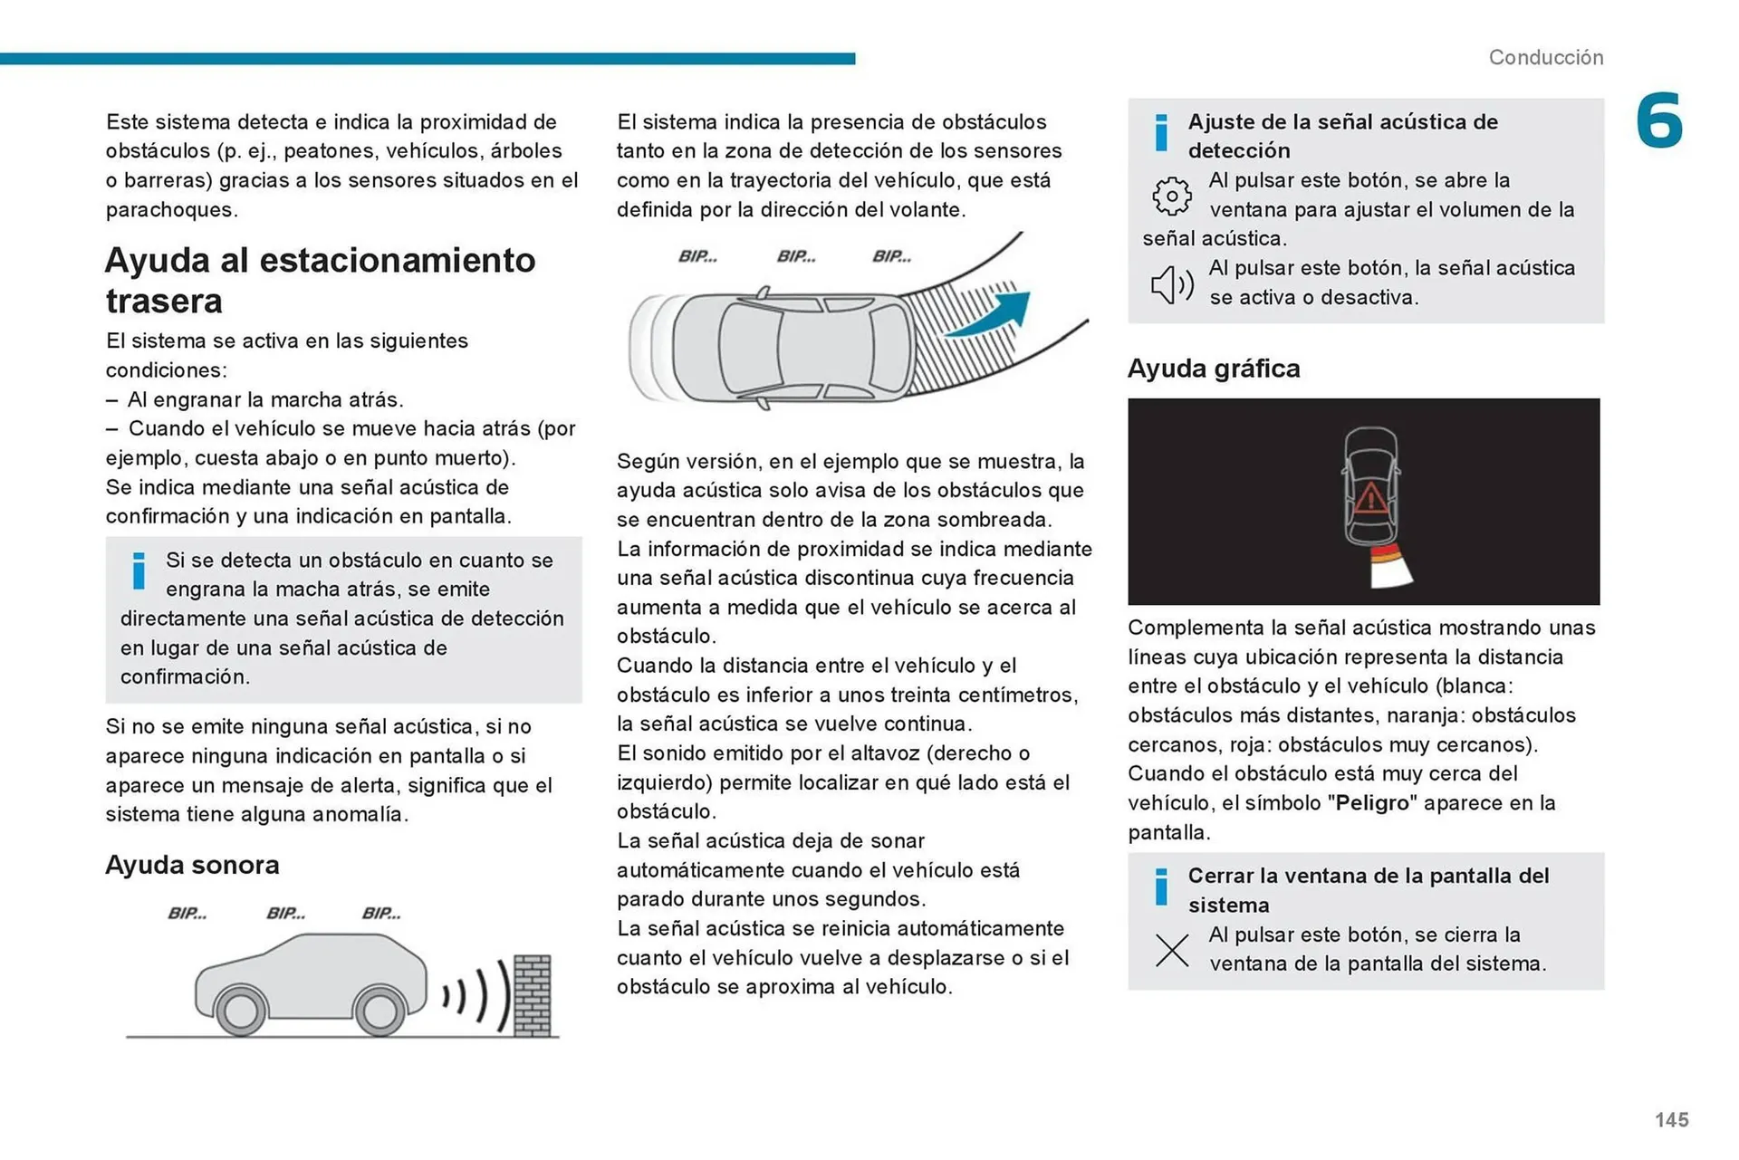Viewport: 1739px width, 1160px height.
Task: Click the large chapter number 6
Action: [x=1658, y=120]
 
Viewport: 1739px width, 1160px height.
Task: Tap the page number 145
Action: [x=1671, y=1120]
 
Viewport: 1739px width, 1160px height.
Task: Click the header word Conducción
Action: [x=1545, y=57]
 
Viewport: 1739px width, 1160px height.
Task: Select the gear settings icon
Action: [x=1171, y=196]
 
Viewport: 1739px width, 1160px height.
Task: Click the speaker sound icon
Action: [x=1171, y=284]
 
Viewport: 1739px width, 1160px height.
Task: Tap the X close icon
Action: [x=1172, y=950]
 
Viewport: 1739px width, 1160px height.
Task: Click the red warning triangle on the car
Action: [x=1369, y=497]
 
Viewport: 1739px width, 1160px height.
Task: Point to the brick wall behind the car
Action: [x=532, y=995]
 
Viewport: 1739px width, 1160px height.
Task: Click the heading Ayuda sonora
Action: [x=192, y=865]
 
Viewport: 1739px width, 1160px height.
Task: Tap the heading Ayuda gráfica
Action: [x=1213, y=369]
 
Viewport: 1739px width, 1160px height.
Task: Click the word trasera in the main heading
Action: [x=164, y=301]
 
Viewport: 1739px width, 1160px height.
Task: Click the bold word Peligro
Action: [x=1372, y=803]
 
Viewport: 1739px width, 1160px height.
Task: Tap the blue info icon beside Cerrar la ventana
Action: [x=1161, y=887]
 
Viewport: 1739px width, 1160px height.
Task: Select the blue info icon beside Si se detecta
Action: [x=139, y=570]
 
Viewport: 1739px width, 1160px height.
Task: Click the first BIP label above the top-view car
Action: [x=697, y=256]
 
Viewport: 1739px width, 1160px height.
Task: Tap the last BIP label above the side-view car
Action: [x=381, y=913]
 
